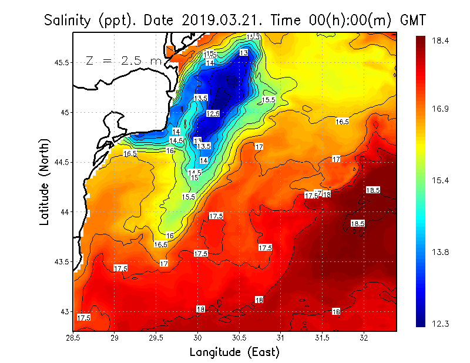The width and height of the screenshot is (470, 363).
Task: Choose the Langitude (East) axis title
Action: click(x=234, y=352)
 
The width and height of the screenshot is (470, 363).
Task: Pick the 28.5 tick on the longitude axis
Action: click(x=73, y=338)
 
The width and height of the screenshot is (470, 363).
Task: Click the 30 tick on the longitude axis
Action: click(x=198, y=338)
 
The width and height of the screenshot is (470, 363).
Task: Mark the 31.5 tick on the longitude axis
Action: click(x=322, y=338)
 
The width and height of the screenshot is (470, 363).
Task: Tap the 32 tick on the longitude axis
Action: click(x=364, y=338)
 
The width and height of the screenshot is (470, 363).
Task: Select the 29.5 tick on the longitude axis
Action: click(x=156, y=338)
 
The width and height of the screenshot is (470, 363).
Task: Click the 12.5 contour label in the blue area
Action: click(x=213, y=113)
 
